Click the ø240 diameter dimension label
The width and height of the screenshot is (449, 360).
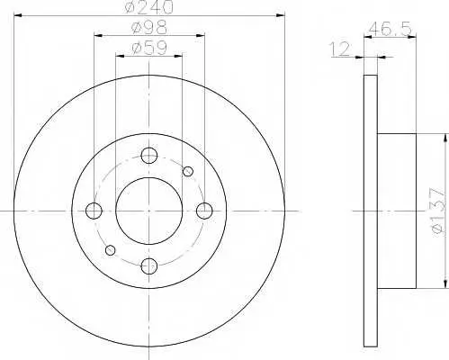pos(149,6)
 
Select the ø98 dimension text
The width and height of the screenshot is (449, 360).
pos(149,28)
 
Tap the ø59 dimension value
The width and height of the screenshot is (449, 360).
pos(149,48)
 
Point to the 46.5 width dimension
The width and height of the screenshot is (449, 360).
pos(390,29)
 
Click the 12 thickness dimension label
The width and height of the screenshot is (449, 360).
pos(340,49)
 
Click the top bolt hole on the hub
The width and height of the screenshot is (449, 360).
pos(149,156)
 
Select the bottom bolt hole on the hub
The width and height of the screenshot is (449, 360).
pos(149,265)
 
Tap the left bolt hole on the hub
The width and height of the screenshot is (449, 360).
pos(94,211)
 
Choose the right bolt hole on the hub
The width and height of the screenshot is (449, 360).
pos(204,211)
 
